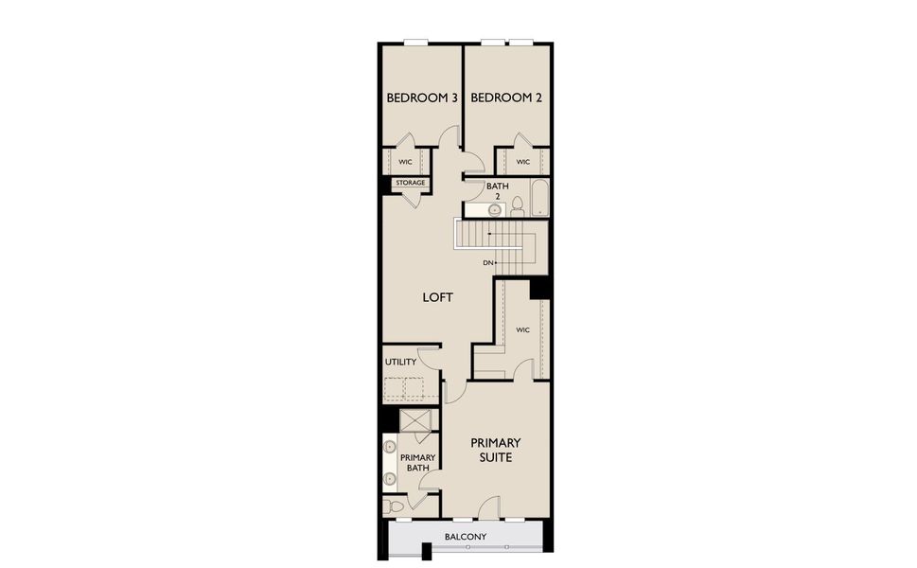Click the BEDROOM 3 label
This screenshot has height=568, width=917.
422,98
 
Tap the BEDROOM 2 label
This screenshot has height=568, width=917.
505,98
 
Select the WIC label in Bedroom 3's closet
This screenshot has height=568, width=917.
404,162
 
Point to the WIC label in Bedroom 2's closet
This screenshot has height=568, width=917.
522,162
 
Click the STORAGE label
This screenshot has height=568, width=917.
410,183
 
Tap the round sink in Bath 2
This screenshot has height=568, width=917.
494,210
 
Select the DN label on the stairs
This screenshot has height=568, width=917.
488,262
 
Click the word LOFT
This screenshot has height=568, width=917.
437,297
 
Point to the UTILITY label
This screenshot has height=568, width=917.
400,362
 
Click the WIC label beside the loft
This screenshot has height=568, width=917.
522,329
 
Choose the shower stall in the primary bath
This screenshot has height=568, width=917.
417,420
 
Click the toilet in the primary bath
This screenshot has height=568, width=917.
395,507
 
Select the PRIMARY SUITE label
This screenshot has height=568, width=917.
495,450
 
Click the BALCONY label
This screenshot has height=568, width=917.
466,538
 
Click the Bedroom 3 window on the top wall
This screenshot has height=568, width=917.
416,42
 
